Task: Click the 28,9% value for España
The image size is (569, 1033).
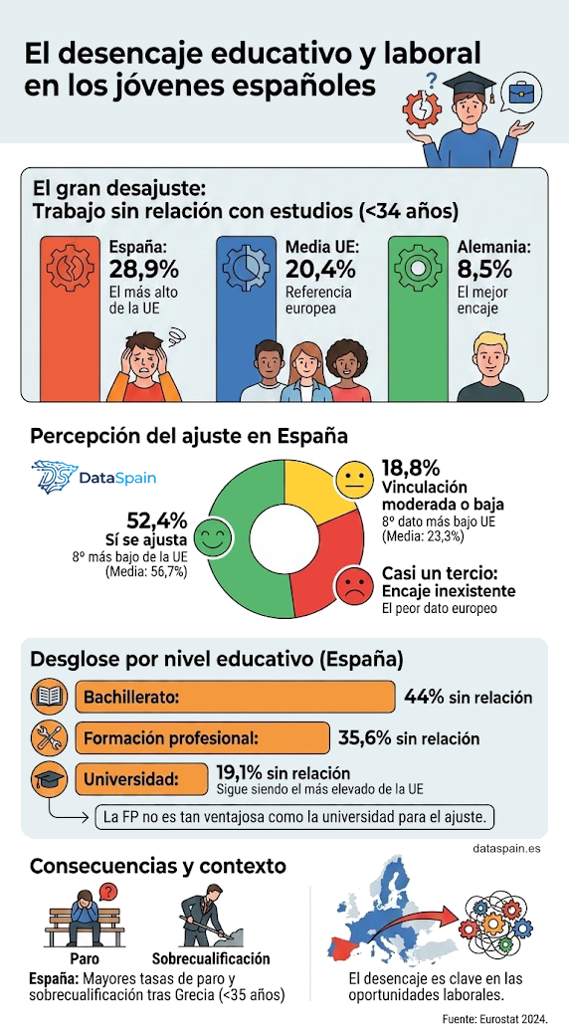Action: [x=144, y=271]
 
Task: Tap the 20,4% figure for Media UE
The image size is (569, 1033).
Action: [x=320, y=271]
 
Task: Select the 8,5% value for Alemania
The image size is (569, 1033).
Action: [x=484, y=271]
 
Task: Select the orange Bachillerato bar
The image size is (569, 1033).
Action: [x=235, y=697]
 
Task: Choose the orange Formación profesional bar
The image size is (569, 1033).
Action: [x=202, y=738]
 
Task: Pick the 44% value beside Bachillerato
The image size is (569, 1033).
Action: [x=424, y=697]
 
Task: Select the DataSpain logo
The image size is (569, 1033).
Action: [x=94, y=477]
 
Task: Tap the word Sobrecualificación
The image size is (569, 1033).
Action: [x=211, y=958]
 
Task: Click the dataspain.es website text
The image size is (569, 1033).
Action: [x=507, y=849]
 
